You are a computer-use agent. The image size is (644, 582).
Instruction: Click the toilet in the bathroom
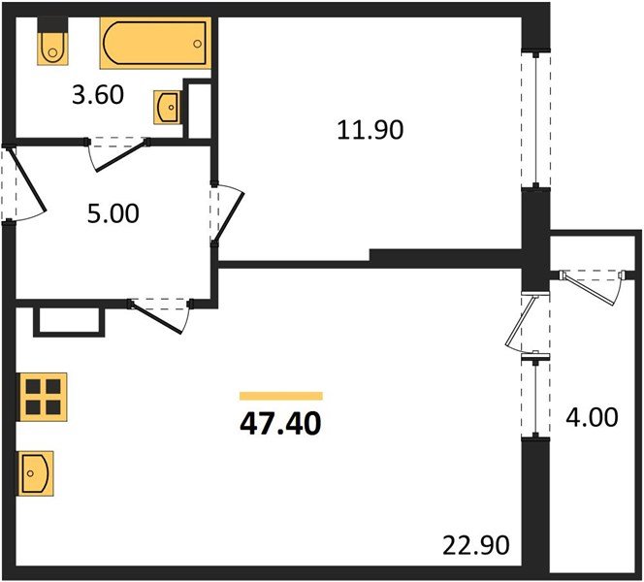(x=50, y=43)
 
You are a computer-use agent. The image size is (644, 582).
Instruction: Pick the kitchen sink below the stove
(x=36, y=473)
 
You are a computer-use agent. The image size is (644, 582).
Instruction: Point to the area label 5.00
(x=113, y=212)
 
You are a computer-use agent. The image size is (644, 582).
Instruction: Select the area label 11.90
(x=370, y=129)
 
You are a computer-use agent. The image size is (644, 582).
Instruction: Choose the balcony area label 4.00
(x=591, y=418)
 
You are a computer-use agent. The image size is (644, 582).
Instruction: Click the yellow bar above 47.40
(x=280, y=395)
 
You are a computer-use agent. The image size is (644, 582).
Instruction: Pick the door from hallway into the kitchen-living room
(x=160, y=314)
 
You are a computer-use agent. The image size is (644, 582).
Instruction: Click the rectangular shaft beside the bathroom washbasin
(x=199, y=110)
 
